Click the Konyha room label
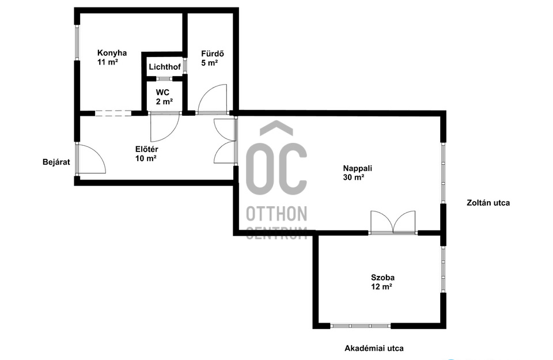112,54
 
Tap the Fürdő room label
209,54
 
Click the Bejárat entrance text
56,162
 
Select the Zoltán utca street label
488,203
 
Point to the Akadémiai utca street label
374,348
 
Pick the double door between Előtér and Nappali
225,141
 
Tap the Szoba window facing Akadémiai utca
361,325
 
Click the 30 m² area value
354,177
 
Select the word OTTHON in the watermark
276,214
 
